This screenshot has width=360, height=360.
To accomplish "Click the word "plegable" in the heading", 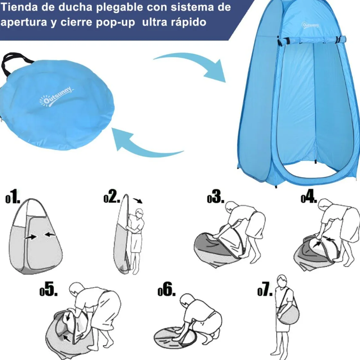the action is click(x=119, y=8).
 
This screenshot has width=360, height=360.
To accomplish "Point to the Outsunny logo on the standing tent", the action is click(x=310, y=24).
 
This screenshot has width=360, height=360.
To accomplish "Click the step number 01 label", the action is click(x=13, y=197).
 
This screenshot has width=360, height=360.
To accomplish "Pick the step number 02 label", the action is click(x=112, y=196).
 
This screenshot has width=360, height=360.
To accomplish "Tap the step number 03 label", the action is click(x=216, y=197).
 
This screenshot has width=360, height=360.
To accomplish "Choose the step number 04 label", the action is click(x=309, y=197).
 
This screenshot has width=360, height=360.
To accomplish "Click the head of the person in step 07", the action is click(x=282, y=281).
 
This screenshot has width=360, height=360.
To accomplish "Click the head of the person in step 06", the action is click(x=187, y=301).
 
